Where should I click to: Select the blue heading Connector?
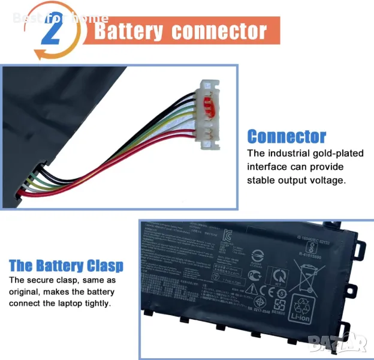[286, 137]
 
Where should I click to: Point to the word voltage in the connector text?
[327, 179]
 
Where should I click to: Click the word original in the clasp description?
[26, 292]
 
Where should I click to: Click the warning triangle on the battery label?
[261, 303]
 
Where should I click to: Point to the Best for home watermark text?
[60, 17]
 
